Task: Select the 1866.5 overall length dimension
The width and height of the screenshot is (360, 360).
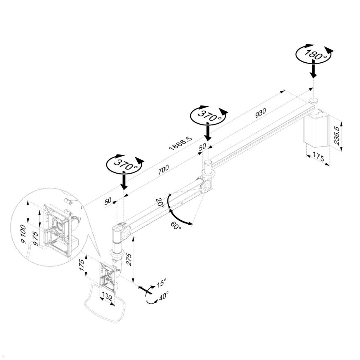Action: (180, 143)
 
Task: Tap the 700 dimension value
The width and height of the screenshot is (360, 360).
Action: (163, 169)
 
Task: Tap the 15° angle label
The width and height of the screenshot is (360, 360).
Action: (161, 283)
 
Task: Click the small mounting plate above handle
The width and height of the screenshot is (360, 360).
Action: (108, 277)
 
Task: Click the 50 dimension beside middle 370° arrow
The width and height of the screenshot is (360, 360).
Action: (202, 147)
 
